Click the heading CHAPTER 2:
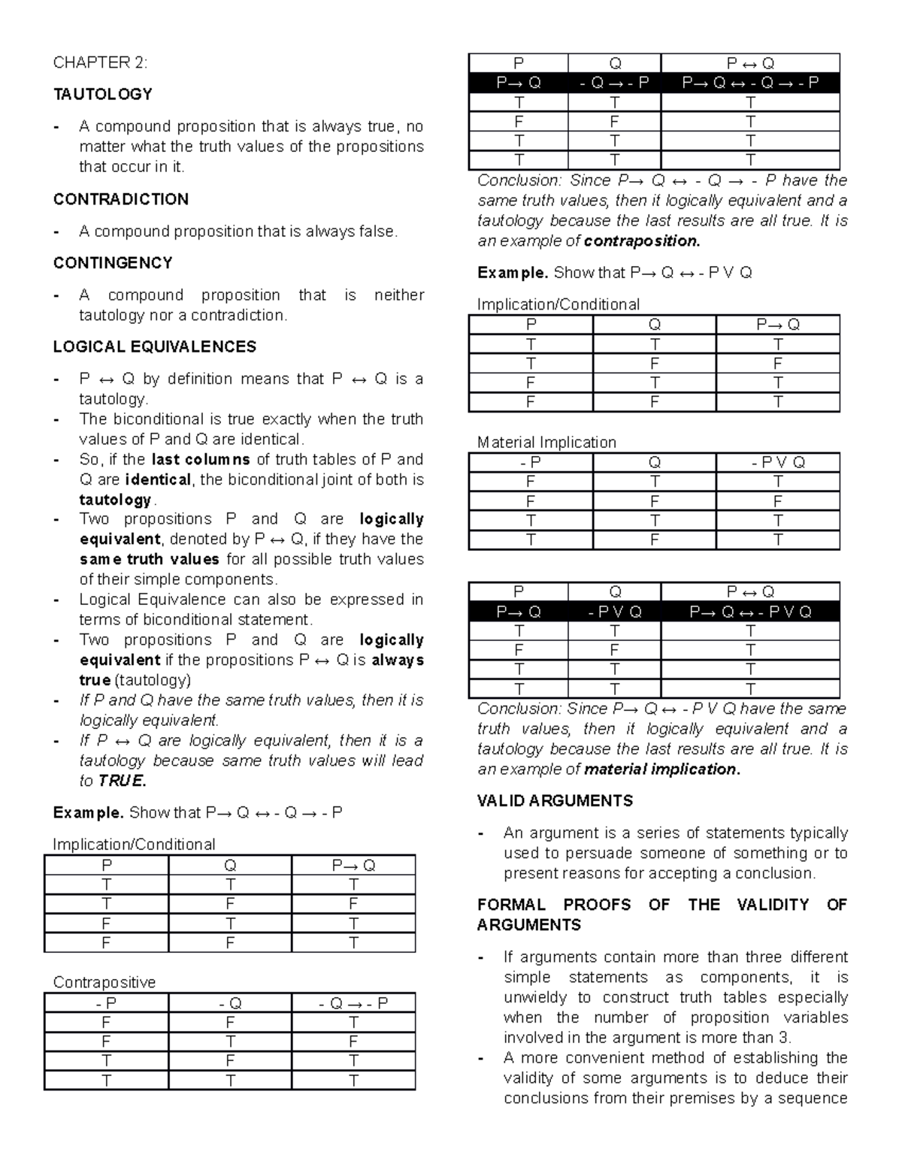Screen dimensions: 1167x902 100,62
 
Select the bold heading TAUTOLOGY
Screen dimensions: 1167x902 102,94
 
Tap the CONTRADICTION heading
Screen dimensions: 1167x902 120,199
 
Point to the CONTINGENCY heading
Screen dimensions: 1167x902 113,263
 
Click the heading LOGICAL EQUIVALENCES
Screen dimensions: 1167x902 154,346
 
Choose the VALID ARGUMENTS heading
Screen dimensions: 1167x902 555,801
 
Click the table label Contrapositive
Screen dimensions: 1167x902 104,982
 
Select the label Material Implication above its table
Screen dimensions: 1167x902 546,442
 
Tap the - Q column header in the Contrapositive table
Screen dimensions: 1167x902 230,1003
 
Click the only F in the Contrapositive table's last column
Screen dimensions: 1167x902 353,1042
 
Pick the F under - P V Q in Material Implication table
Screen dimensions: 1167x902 778,501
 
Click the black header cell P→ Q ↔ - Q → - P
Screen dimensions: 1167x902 750,83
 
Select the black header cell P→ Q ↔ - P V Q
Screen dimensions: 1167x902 750,612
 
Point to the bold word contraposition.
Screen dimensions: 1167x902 641,241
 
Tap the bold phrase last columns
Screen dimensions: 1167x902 201,459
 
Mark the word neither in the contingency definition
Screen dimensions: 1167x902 398,295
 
